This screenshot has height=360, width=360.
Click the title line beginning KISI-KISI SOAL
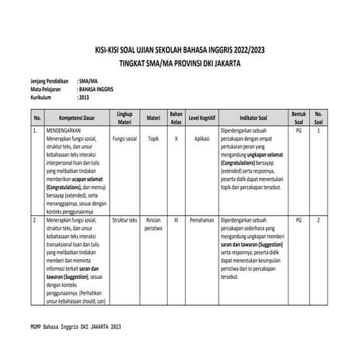point(180,48)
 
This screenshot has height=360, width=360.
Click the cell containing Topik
point(153,137)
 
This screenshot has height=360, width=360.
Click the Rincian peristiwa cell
point(153,223)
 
